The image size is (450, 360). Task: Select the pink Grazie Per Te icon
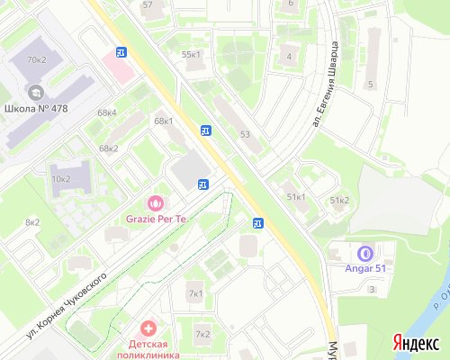click(x=155, y=203)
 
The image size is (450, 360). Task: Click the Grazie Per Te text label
click(x=155, y=219)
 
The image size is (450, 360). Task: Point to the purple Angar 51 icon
click(x=364, y=254)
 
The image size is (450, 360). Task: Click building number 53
click(x=244, y=134)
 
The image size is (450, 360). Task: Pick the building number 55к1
click(x=192, y=54)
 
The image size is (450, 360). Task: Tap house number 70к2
click(x=36, y=59)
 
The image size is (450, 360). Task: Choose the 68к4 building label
click(x=107, y=112)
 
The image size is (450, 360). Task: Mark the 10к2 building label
click(x=61, y=178)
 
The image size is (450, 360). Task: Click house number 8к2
click(x=32, y=221)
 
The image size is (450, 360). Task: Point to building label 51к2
click(x=339, y=200)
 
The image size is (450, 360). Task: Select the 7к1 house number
click(x=195, y=293)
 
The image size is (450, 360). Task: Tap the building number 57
click(x=148, y=4)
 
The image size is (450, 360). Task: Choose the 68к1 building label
click(x=163, y=121)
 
